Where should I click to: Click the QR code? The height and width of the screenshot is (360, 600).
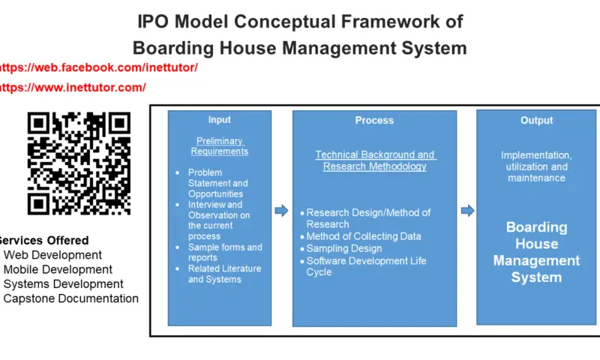(79, 163)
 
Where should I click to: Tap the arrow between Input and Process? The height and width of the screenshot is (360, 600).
(282, 211)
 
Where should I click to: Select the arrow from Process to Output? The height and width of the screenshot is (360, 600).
(467, 211)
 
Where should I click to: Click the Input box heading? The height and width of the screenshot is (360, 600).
(220, 120)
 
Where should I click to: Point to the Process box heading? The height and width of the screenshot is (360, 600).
(374, 121)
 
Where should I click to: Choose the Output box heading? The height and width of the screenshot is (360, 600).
(536, 121)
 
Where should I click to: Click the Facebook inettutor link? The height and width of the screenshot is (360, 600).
(98, 67)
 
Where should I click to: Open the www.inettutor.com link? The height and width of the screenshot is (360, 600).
(72, 88)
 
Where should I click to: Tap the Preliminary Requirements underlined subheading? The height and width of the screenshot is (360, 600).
(220, 146)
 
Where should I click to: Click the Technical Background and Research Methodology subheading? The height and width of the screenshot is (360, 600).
(375, 160)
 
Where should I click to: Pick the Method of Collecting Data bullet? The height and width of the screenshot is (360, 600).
(361, 236)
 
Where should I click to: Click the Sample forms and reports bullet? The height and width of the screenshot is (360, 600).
(219, 253)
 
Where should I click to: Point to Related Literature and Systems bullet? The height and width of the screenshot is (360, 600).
(218, 274)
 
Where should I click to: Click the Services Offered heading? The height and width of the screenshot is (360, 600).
(44, 240)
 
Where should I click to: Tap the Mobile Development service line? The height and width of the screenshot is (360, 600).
(58, 269)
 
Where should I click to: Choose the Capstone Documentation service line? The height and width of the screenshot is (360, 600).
(70, 298)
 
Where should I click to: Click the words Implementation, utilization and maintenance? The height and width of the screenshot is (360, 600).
(536, 166)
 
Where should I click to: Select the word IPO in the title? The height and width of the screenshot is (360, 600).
(153, 22)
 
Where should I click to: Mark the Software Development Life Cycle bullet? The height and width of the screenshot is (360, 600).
(363, 267)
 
